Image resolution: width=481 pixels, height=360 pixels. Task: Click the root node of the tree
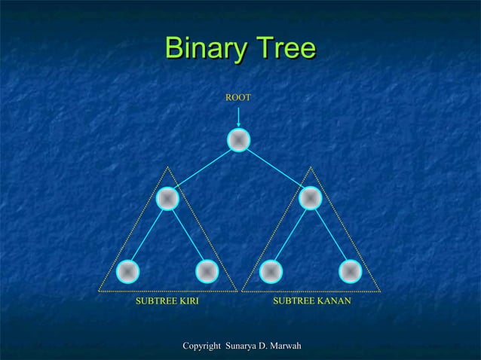tap(238, 140)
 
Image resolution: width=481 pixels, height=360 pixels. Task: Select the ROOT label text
tap(238, 98)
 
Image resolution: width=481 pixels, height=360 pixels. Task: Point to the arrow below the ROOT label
tap(238, 117)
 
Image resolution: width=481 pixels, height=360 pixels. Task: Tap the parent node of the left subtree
tap(167, 198)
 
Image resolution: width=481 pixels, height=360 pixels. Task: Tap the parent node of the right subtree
tap(310, 198)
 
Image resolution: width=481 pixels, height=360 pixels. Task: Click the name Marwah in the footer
tap(283, 346)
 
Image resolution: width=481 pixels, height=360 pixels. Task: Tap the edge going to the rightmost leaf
tap(330, 235)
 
